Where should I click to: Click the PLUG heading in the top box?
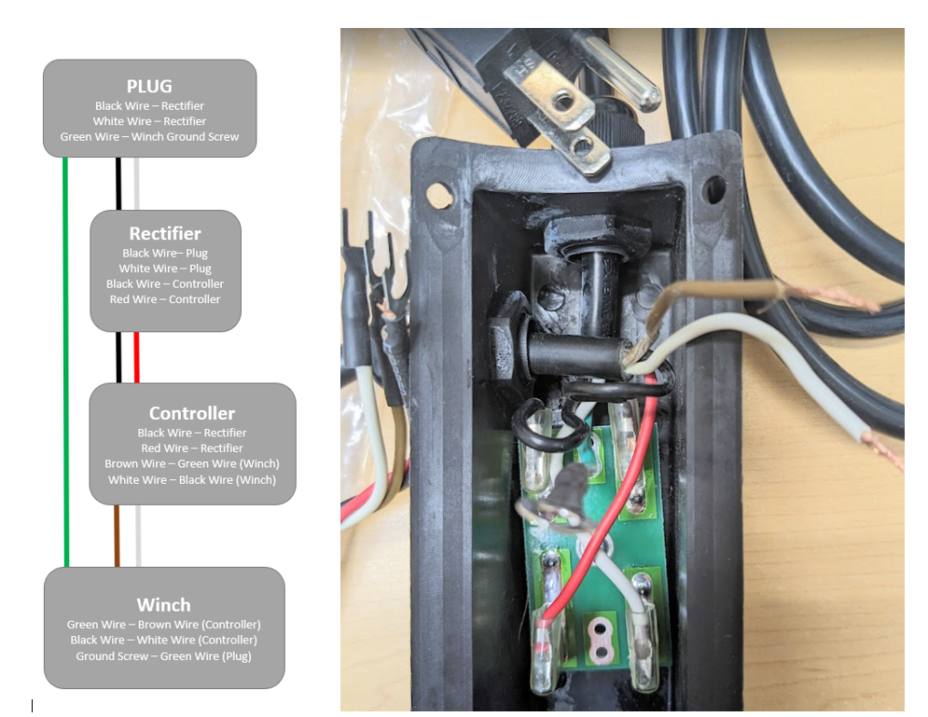coord(149,87)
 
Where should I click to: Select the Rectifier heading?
coord(165,234)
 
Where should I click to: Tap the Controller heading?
coord(192,413)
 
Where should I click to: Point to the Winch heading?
coord(164,604)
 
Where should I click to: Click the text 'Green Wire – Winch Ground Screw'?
coord(149,137)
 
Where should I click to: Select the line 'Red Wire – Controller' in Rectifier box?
coord(165,299)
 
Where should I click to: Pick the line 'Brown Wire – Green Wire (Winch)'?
coord(192,463)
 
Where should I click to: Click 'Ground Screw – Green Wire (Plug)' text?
coord(164,656)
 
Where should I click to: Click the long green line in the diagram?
coord(65,362)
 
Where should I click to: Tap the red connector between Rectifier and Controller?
coord(137,357)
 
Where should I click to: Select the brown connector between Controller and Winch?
coord(117,536)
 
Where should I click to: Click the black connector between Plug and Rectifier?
coord(118,184)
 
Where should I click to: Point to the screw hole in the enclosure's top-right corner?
coord(714,189)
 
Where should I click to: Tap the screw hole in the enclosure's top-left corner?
coord(438,195)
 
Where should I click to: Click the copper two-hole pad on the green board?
coord(601,639)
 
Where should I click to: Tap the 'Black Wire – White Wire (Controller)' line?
coord(164,641)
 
